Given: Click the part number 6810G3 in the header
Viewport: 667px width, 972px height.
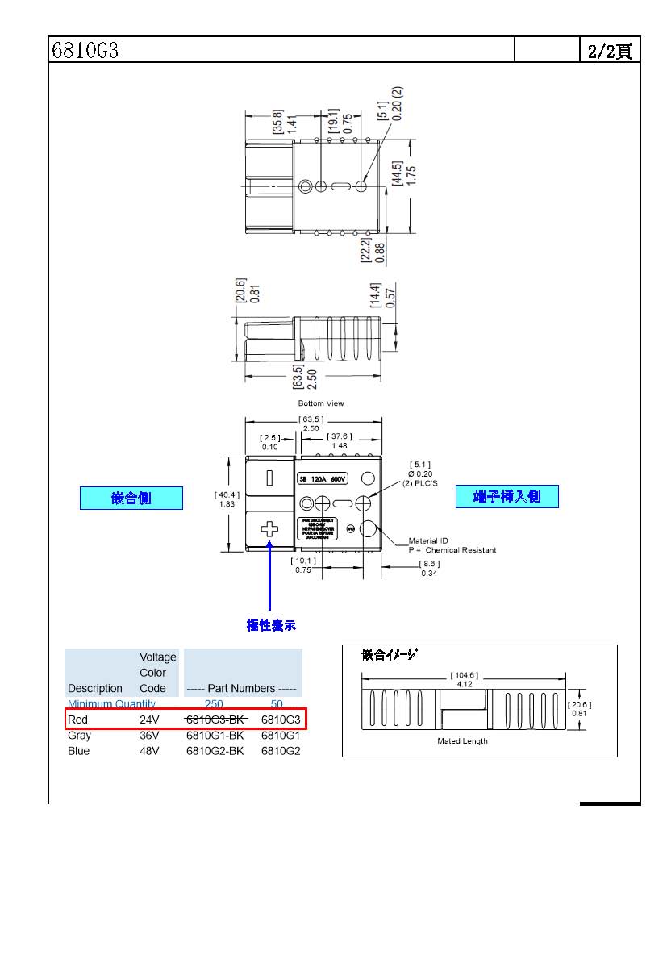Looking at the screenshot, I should click(x=85, y=50).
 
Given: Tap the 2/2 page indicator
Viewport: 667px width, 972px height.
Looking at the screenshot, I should click(x=610, y=51).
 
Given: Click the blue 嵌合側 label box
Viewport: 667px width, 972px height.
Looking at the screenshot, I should click(x=131, y=498).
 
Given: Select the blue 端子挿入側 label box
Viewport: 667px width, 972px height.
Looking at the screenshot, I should click(x=507, y=496).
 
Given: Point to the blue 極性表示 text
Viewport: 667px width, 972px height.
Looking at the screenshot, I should click(x=271, y=625).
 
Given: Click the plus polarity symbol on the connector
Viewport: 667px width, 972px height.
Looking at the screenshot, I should click(x=269, y=529).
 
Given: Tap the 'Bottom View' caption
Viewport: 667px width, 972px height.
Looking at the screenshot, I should click(x=322, y=403).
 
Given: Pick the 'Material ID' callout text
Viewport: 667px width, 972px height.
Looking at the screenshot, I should click(x=428, y=540).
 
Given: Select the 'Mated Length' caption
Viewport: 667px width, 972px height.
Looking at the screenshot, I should click(x=462, y=740).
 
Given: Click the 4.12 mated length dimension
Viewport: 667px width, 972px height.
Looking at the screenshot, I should click(x=465, y=684).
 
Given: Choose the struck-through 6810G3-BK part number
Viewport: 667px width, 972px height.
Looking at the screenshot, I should click(x=215, y=720).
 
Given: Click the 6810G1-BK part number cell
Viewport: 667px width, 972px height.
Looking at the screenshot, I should click(x=215, y=736).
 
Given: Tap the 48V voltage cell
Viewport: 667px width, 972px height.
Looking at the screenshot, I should click(x=149, y=751).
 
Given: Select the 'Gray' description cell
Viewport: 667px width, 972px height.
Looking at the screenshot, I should click(x=79, y=736).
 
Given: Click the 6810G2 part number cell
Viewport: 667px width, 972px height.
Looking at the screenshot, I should click(x=281, y=751).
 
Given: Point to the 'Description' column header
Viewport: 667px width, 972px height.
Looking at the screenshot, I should click(x=95, y=689).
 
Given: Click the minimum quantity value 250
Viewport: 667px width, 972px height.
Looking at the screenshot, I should click(x=214, y=704).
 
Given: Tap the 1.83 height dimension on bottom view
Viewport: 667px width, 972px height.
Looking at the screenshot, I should click(x=227, y=504).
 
